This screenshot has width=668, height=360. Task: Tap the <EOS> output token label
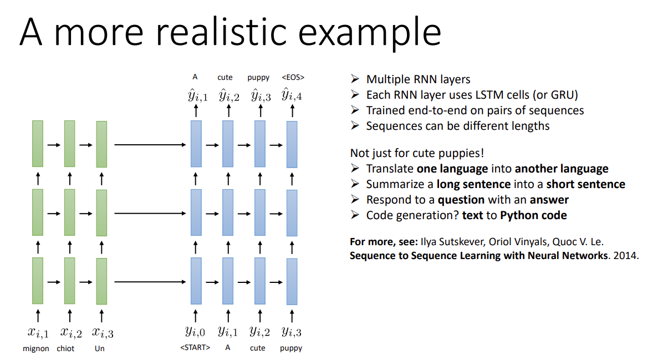293,78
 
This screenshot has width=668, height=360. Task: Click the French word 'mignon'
36,348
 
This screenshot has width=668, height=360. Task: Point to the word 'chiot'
65,348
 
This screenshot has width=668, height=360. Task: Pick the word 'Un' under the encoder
100,348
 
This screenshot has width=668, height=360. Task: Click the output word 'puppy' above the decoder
258,78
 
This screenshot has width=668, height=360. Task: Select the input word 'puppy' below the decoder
291,348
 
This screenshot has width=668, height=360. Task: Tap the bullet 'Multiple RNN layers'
418,79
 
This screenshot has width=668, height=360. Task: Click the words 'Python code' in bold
533,215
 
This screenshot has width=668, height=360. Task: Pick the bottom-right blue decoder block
292,281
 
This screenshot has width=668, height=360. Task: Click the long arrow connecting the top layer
150,145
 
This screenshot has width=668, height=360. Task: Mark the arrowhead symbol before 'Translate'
355,169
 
